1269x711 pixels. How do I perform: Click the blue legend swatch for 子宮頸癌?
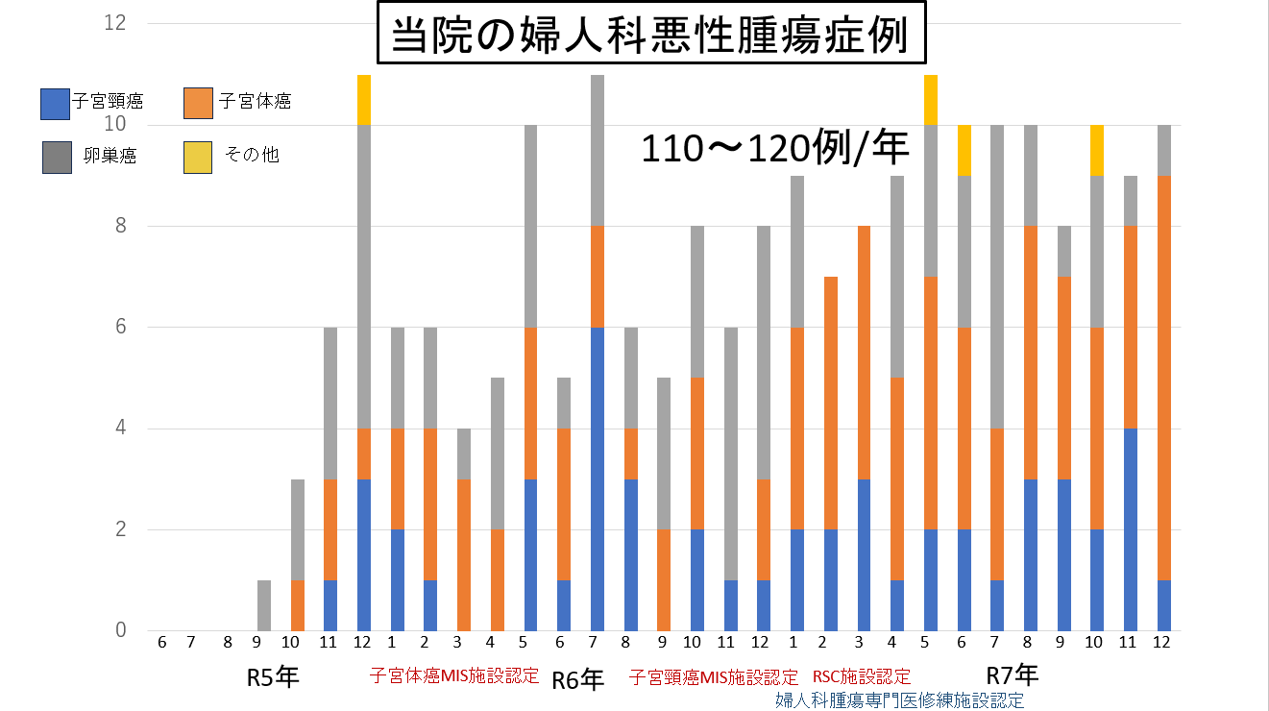(x=54, y=104)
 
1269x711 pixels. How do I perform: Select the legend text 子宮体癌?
(x=255, y=102)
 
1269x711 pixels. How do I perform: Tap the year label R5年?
(x=273, y=676)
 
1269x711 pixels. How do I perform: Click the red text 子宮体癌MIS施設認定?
(x=454, y=675)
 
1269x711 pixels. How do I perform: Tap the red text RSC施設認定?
(x=862, y=677)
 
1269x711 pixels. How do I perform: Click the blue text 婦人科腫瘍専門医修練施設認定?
(x=899, y=700)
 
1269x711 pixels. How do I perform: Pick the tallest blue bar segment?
(x=597, y=478)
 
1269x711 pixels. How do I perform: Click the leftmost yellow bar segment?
(x=364, y=100)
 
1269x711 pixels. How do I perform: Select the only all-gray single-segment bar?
(x=264, y=605)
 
